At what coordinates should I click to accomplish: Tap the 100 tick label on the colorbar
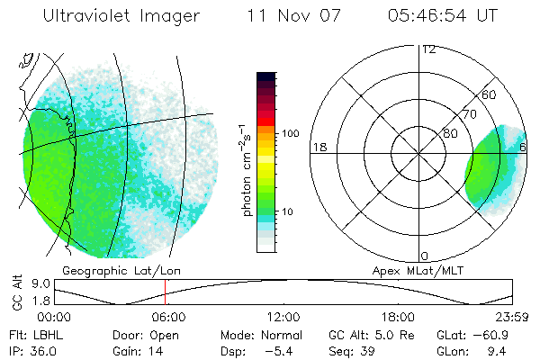click(x=290, y=133)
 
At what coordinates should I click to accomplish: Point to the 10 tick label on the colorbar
click(x=287, y=212)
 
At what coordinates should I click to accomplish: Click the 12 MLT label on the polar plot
click(x=428, y=49)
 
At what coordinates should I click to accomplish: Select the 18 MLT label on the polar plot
click(x=318, y=147)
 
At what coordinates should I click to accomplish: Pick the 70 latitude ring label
click(x=470, y=116)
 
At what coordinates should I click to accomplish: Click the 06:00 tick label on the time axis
click(x=168, y=317)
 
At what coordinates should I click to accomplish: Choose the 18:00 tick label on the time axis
click(x=397, y=317)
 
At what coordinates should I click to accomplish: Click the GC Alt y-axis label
click(x=15, y=293)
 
